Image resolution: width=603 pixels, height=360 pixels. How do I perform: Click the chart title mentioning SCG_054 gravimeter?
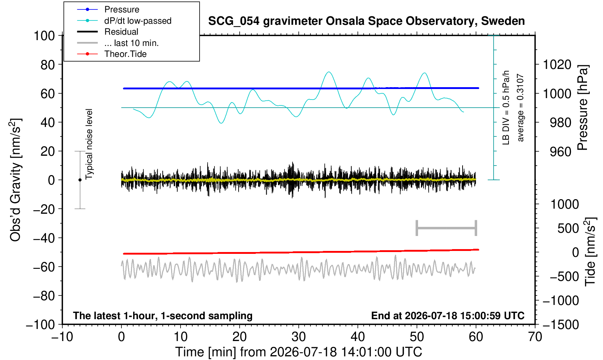366,21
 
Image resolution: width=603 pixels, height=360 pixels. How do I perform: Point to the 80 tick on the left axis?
48,65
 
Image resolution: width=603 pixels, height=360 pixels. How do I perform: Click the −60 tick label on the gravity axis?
44,267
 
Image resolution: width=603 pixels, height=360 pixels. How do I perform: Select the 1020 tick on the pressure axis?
557,65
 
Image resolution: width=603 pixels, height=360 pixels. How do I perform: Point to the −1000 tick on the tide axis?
561,301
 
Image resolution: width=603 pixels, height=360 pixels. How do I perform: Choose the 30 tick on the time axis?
298,337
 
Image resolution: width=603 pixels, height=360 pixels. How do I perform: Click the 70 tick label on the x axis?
535,337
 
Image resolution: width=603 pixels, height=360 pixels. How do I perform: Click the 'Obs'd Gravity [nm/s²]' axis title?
15,180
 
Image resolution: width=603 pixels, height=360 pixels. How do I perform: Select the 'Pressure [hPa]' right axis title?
583,108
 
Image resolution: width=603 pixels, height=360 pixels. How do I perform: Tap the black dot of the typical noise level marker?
80,180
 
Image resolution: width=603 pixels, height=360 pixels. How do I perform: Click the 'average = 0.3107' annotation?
520,108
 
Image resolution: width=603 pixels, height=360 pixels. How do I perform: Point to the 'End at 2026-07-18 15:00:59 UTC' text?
448,316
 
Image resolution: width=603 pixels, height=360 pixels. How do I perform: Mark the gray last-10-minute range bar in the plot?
447,228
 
